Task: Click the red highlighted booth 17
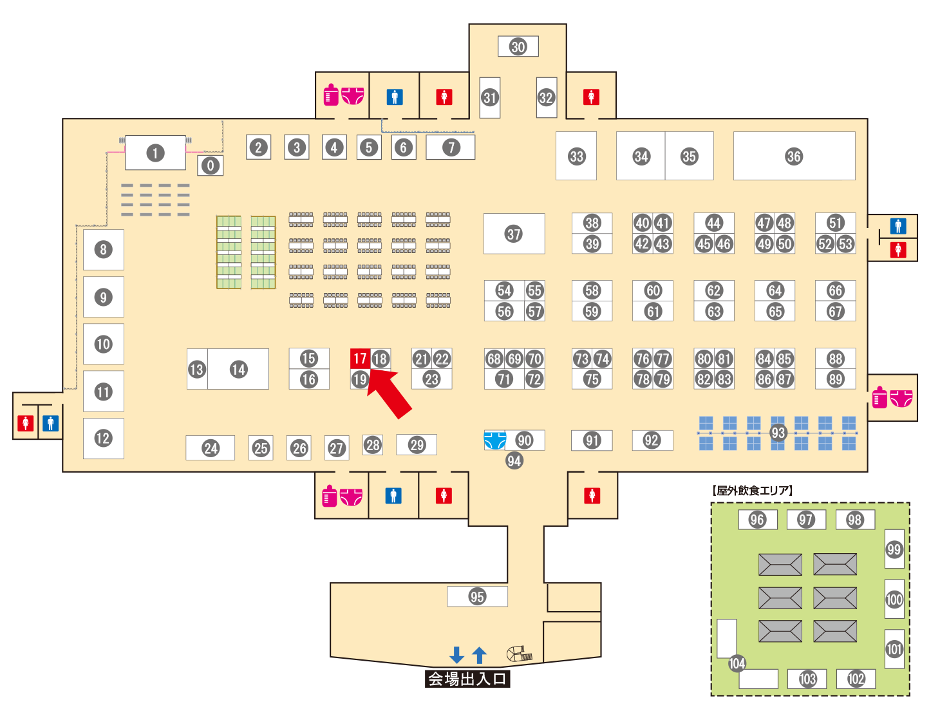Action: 360,359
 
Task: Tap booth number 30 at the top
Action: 518,46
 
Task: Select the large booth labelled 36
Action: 794,156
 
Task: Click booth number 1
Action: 155,153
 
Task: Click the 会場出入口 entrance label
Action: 467,679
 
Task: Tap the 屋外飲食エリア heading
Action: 752,491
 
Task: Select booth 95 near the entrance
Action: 477,596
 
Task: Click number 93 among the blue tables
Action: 778,433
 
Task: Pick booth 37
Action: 514,234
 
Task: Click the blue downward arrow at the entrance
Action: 456,655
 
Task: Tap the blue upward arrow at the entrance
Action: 479,655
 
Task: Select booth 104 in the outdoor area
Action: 737,663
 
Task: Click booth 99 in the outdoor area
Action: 894,549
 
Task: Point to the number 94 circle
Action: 514,460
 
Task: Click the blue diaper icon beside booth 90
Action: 494,440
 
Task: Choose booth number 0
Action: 210,165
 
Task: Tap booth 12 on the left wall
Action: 103,439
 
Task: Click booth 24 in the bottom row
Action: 211,448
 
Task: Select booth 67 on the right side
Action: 835,312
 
